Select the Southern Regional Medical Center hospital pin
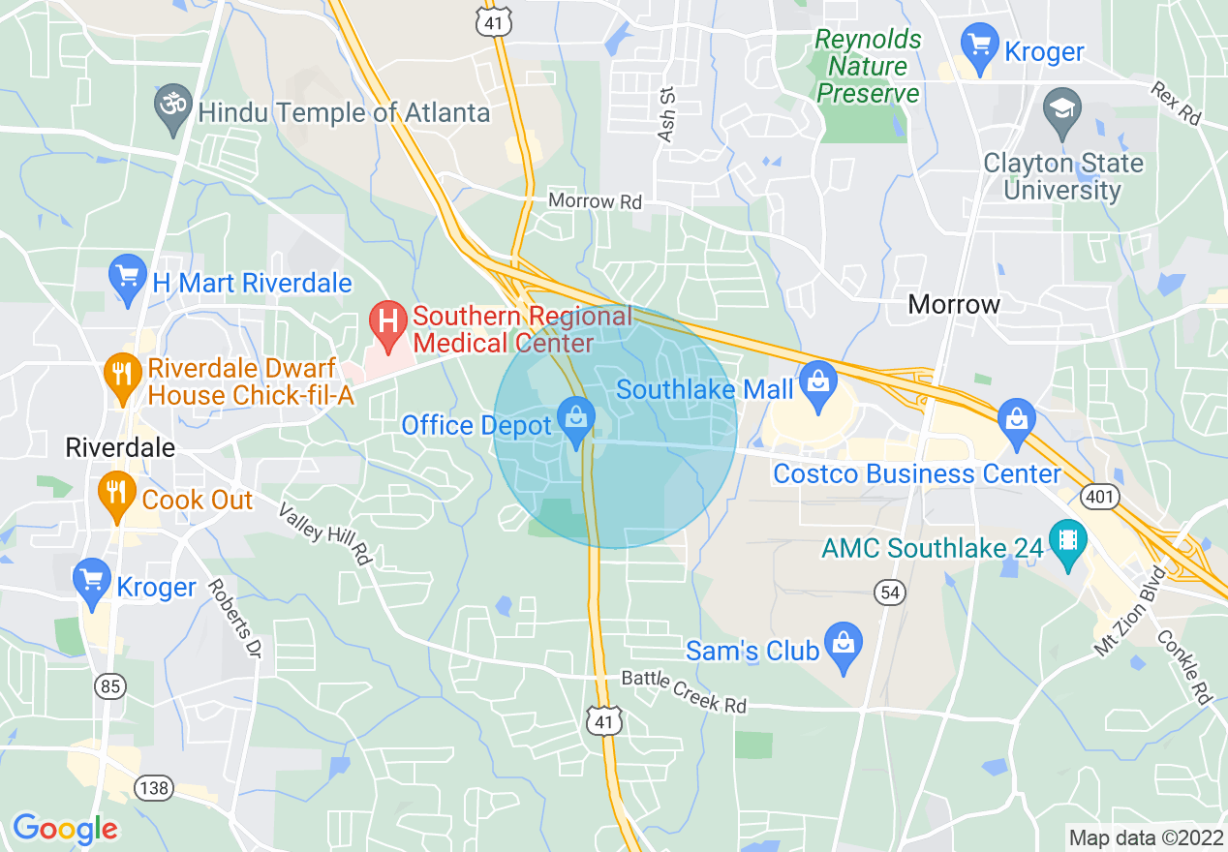(x=389, y=322)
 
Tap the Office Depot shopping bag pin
(x=577, y=420)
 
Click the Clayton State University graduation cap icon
(x=1062, y=108)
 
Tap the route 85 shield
(x=110, y=686)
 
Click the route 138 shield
(x=153, y=788)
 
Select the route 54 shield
(x=889, y=591)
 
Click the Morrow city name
(x=953, y=304)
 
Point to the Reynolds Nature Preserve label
(x=868, y=67)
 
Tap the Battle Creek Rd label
(x=684, y=691)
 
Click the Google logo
(x=65, y=829)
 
